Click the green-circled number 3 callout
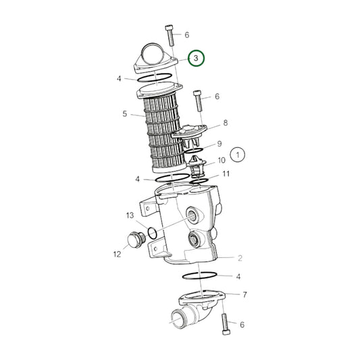196,58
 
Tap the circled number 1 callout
238,155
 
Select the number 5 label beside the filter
125,113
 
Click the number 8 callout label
226,123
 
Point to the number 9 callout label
220,144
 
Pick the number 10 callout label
222,160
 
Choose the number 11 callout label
226,174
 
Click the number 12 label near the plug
117,254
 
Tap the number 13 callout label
130,215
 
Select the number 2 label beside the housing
240,258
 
